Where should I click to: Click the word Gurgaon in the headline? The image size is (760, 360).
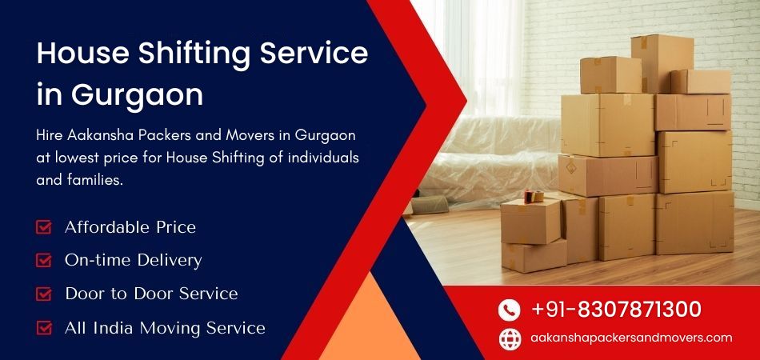(137, 95)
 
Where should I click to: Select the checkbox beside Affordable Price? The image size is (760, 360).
(44, 227)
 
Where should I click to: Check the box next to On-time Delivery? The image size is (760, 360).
(44, 260)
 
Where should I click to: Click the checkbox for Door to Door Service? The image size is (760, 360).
(44, 294)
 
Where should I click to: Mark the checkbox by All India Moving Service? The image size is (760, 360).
(44, 327)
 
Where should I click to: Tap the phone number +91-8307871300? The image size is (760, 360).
(616, 310)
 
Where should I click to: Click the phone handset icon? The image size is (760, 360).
(510, 310)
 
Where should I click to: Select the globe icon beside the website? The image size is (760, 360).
(510, 338)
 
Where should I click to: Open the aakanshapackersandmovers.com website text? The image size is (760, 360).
(631, 338)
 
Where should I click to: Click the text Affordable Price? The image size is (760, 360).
(130, 227)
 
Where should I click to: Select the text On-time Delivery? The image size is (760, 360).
(133, 260)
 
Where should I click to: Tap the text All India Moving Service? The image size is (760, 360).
(165, 327)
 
